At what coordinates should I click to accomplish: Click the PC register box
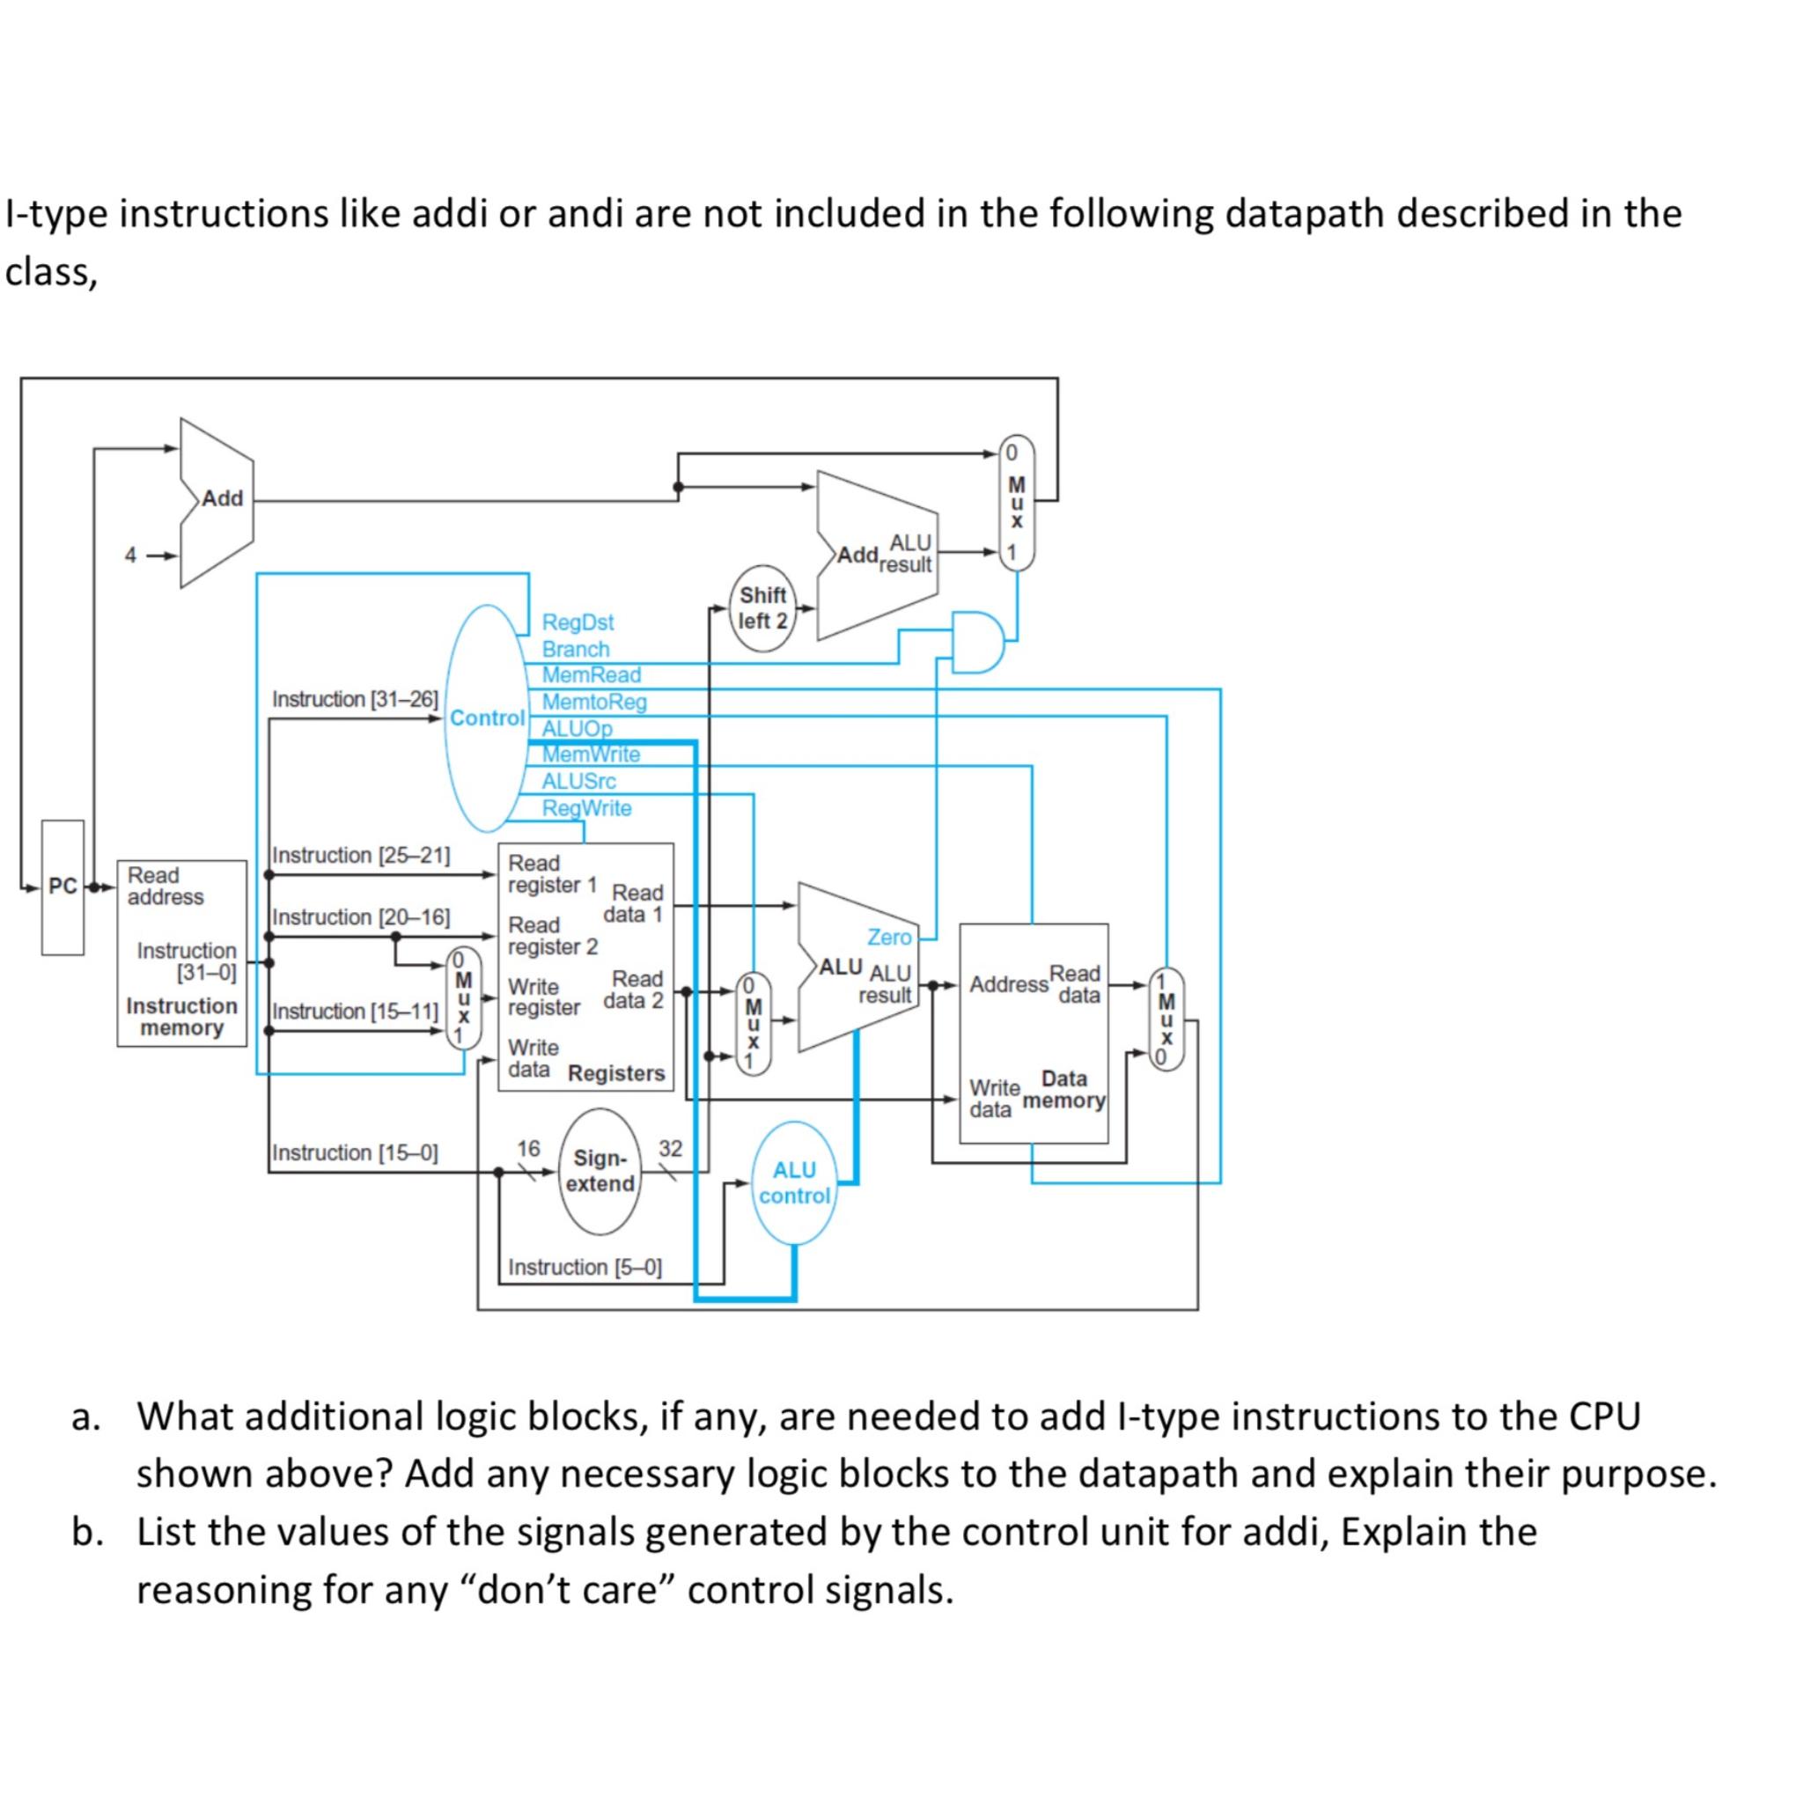[x=63, y=887]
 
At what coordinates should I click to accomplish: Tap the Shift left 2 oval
[x=762, y=607]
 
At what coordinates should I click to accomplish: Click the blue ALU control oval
[x=794, y=1182]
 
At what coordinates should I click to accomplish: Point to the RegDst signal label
[x=578, y=622]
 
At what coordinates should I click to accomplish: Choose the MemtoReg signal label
[x=594, y=701]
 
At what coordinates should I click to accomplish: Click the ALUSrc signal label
[x=578, y=781]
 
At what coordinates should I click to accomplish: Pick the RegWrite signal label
[x=586, y=808]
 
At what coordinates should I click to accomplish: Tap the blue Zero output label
[x=888, y=937]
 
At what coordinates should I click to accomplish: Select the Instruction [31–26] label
[x=355, y=699]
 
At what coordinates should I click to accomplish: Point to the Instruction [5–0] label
[x=585, y=1268]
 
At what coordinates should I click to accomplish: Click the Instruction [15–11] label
[x=355, y=1011]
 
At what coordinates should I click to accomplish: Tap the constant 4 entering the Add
[x=130, y=556]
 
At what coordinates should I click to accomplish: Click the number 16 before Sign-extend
[x=528, y=1148]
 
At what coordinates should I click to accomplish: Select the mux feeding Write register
[x=464, y=998]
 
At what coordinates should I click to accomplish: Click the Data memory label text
[x=1063, y=1090]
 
